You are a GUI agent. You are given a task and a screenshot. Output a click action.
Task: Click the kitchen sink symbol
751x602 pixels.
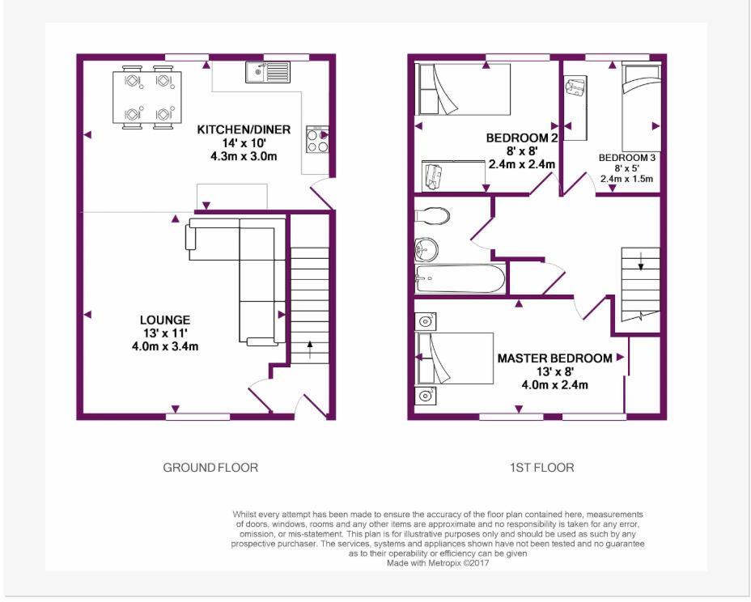coord(268,72)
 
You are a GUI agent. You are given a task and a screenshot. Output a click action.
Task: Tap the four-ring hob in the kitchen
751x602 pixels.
coord(317,140)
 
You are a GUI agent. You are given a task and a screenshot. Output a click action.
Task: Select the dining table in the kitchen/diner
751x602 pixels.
coord(147,97)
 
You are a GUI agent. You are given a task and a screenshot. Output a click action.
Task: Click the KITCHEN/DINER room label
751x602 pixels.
coord(244,129)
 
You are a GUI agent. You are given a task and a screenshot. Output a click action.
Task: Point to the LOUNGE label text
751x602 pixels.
coord(165,320)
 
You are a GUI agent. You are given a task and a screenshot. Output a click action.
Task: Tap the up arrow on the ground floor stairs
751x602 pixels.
coord(310,349)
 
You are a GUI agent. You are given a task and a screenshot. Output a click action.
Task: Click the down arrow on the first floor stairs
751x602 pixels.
coord(641,261)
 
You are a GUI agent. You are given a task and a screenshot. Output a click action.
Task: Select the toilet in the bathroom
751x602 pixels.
coord(432,215)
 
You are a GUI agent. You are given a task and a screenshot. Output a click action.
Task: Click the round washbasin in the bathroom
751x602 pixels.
coord(426,249)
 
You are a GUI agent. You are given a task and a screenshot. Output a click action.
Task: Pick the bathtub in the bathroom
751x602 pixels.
coord(460,278)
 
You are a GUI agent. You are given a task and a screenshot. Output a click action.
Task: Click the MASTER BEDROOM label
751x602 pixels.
coord(554,358)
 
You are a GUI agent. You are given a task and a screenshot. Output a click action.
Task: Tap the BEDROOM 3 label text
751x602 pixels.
coord(627,158)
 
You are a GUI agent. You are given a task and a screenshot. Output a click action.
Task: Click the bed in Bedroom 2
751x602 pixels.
coord(463,89)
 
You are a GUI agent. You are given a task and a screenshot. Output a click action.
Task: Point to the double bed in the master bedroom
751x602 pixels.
coord(455,358)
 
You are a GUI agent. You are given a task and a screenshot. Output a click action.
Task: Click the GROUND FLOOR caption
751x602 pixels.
coord(210,468)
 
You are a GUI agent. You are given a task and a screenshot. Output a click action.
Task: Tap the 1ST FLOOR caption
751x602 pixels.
coord(541,468)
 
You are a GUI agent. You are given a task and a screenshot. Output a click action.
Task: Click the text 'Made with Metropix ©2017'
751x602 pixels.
coord(438,563)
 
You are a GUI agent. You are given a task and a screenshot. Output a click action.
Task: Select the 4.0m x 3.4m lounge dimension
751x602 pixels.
coord(165,346)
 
